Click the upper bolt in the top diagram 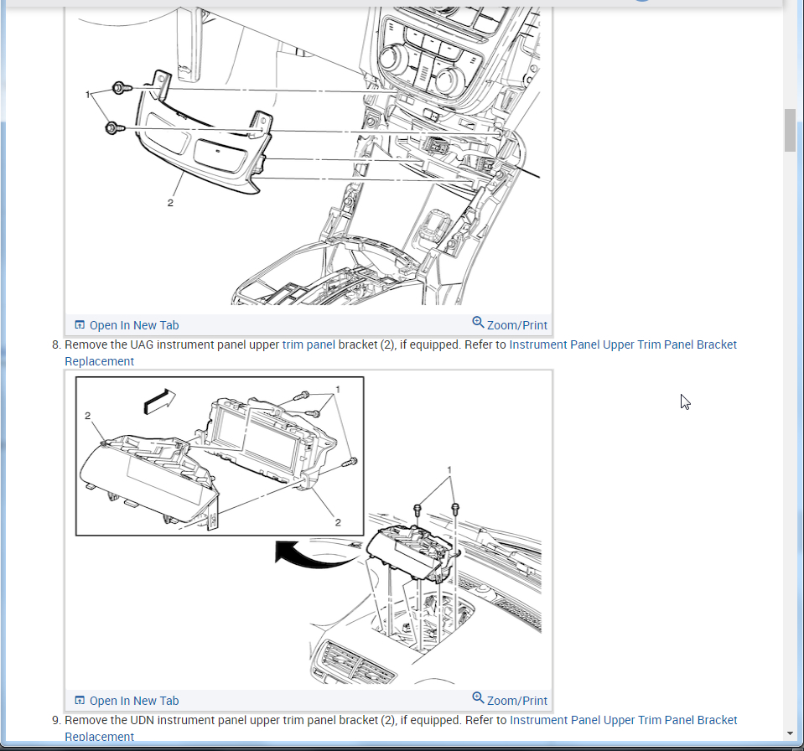pos(122,88)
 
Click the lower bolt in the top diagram pos(115,127)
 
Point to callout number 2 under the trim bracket pos(170,203)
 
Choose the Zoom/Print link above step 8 pos(510,324)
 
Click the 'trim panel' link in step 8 pos(309,344)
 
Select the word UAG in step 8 pos(142,344)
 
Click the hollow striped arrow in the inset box pos(159,401)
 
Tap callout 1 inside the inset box pos(338,390)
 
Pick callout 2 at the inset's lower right pos(338,522)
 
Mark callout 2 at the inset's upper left pos(88,416)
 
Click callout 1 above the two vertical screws pos(449,470)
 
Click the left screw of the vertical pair pos(418,510)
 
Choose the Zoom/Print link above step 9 pos(510,700)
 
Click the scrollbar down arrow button pos(790,733)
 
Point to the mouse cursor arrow pos(686,401)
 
